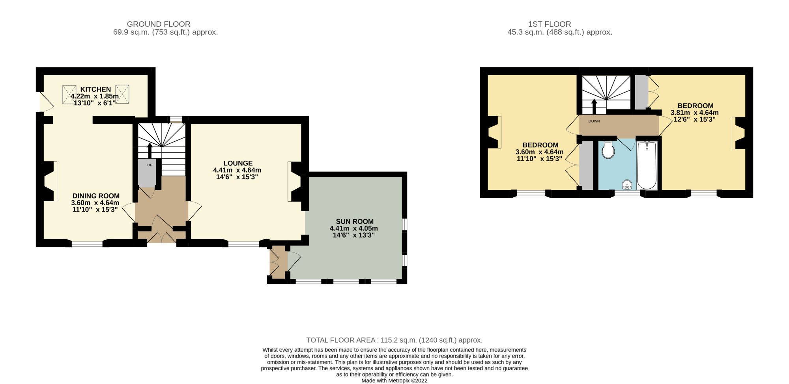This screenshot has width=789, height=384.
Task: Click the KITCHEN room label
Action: coord(95,89)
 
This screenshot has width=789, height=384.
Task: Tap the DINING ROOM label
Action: coord(96,196)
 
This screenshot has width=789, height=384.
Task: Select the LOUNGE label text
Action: coord(238,163)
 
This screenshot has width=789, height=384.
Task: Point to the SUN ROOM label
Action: coord(355,221)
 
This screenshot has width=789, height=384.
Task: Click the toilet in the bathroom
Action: coord(608,150)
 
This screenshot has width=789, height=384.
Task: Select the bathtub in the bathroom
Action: coord(647,165)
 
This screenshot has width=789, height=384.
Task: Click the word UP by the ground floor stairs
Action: coord(150,165)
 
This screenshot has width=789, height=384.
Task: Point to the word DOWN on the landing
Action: coord(594,121)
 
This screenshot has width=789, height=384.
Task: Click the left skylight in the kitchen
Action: coord(70,95)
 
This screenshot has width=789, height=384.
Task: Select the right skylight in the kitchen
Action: coord(122,95)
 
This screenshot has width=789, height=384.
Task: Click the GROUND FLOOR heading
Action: coord(159,24)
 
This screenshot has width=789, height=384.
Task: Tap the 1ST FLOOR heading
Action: coord(550,24)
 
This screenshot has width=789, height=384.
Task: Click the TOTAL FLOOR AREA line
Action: coord(394,340)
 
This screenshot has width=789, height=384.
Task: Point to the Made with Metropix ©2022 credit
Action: coord(394,381)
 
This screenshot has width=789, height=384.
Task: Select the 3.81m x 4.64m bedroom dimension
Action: coord(695,112)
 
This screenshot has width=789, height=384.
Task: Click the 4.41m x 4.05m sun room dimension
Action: coord(354,228)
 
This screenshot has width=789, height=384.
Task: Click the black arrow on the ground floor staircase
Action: coord(150,150)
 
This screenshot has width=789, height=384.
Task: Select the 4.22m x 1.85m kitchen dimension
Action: coord(95,96)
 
